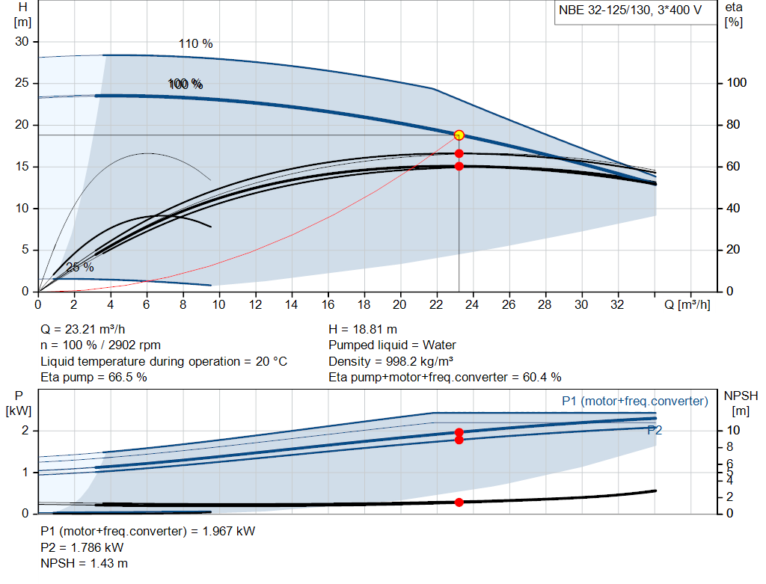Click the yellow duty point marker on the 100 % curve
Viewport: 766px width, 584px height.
tap(459, 135)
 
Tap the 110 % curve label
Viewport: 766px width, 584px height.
tap(195, 43)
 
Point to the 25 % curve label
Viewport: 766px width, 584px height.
tap(80, 267)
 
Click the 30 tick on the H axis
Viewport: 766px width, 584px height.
tap(22, 42)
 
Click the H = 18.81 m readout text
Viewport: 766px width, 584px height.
tap(363, 329)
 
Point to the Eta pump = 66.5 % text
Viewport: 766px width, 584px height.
tap(94, 377)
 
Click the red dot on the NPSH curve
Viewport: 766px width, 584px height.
tap(459, 502)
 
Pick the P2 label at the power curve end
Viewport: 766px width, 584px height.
tap(655, 430)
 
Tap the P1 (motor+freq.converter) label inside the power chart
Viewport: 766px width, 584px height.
tap(634, 402)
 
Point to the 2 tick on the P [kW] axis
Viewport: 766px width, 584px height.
tap(25, 431)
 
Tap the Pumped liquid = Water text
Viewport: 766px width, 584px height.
tap(392, 345)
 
